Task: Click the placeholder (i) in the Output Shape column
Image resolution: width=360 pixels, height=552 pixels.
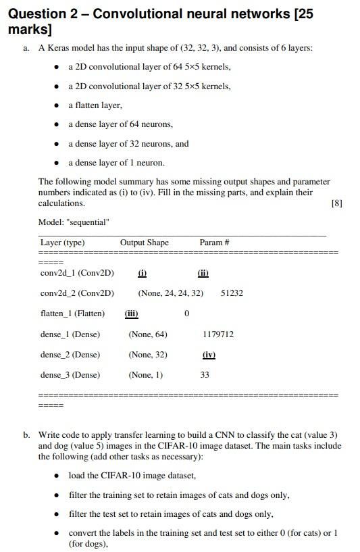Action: pyautogui.click(x=142, y=273)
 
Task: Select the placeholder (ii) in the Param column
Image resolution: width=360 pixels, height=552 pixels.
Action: pyautogui.click(x=203, y=273)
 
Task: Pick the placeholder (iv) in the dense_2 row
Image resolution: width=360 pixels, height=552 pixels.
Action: pyautogui.click(x=209, y=355)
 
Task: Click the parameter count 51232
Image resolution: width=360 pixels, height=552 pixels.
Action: pyautogui.click(x=232, y=293)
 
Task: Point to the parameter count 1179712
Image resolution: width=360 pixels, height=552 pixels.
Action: pyautogui.click(x=218, y=334)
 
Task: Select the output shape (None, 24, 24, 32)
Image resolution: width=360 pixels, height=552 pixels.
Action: pyautogui.click(x=170, y=293)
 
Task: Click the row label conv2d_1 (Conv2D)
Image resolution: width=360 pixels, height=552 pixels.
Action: pyautogui.click(x=77, y=273)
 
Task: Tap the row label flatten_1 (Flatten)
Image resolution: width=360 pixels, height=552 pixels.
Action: pyautogui.click(x=72, y=313)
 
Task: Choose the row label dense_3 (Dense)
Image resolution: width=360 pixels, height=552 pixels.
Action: pyautogui.click(x=70, y=375)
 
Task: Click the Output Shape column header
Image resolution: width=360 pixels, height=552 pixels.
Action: pyautogui.click(x=145, y=243)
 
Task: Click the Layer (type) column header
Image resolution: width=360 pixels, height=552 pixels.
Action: pyautogui.click(x=62, y=243)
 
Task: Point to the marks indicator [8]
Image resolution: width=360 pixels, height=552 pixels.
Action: pyautogui.click(x=337, y=203)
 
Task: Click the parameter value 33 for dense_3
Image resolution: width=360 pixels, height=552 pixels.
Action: pyautogui.click(x=205, y=375)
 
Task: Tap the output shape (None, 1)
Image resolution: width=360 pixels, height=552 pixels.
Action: pyautogui.click(x=145, y=375)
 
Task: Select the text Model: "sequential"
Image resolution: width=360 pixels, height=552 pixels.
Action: pyautogui.click(x=74, y=222)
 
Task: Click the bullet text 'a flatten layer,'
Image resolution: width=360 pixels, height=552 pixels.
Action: pyautogui.click(x=95, y=105)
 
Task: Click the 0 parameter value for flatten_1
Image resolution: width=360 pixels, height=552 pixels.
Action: pyautogui.click(x=186, y=313)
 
